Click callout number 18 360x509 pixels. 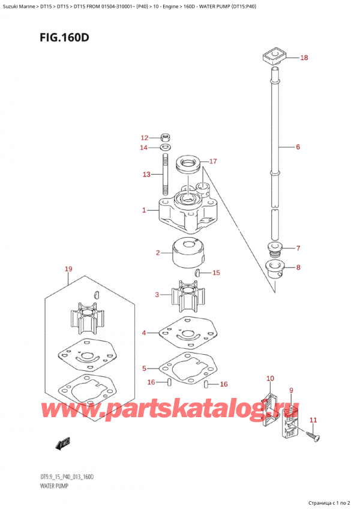coord(304,58)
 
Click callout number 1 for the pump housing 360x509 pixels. coord(144,210)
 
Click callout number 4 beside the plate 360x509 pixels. coord(144,333)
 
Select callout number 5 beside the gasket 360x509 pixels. coord(144,368)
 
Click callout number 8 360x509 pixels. coord(299,268)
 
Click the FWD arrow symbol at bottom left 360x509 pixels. coord(62,444)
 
